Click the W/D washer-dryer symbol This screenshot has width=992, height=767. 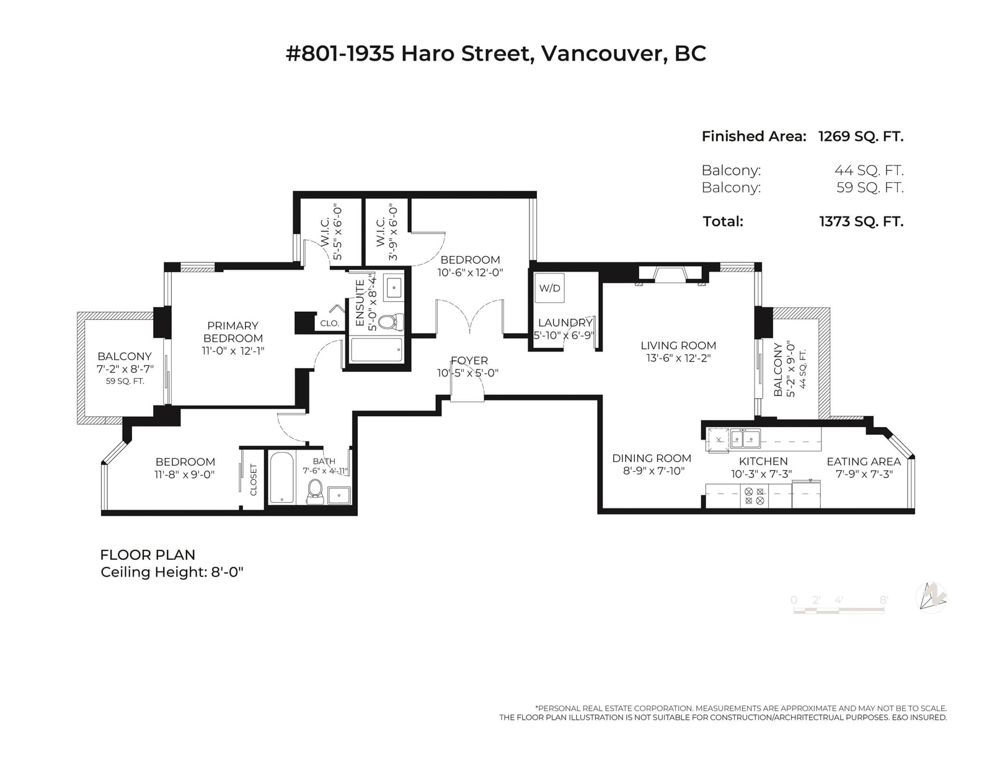tap(549, 288)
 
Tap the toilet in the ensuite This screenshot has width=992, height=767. tap(391, 322)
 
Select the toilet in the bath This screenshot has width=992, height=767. tap(315, 492)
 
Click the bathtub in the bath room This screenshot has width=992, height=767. tap(281, 478)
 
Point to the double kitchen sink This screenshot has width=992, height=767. tap(745, 439)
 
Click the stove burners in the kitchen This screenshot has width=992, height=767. tap(754, 496)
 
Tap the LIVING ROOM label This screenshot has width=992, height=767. tap(678, 345)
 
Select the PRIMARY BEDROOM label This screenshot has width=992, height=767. tap(233, 332)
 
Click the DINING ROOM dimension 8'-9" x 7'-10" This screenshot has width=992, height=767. tap(653, 471)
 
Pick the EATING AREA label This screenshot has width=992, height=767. tap(864, 461)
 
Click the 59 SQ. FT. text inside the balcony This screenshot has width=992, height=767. tap(125, 381)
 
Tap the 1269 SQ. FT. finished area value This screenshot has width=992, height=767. tap(861, 136)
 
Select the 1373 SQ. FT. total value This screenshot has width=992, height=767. tap(861, 221)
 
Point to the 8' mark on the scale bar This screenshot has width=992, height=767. tap(883, 600)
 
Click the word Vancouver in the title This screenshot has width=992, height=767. tap(601, 54)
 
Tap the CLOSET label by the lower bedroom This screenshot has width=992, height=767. tap(254, 479)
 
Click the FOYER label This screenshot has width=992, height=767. tap(469, 361)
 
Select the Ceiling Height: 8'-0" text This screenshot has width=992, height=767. tap(172, 572)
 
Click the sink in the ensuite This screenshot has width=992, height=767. tap(393, 288)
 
